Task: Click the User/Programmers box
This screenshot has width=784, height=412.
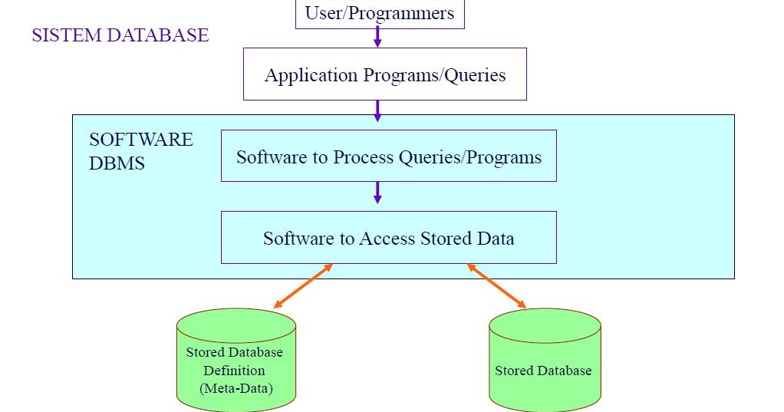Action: (379, 14)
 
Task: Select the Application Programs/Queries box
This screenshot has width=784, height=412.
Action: (384, 74)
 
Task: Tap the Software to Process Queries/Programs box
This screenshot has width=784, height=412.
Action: (388, 157)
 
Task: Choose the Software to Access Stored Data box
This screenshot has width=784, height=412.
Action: (388, 238)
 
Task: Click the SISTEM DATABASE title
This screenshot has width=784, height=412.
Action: (120, 35)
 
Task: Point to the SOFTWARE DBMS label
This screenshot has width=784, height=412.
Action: (140, 151)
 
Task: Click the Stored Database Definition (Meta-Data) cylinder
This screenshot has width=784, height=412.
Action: (236, 361)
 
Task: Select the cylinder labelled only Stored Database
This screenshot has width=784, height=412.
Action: (544, 361)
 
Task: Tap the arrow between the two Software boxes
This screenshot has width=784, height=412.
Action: (377, 193)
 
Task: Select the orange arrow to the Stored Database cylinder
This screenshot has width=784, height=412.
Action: (497, 285)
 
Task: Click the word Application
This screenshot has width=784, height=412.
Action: (300, 75)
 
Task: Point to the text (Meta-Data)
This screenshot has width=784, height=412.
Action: (236, 389)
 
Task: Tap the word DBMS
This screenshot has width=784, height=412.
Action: (117, 163)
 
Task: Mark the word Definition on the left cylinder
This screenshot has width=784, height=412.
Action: (235, 371)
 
